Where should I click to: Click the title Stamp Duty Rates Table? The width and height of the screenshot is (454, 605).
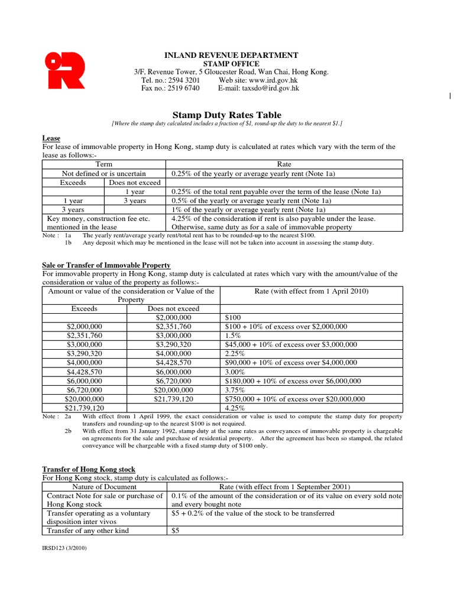click(x=226, y=115)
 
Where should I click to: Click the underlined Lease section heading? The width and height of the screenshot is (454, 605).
click(x=51, y=138)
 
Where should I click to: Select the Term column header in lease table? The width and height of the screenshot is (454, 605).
click(x=104, y=164)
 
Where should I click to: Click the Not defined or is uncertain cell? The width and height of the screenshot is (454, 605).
click(x=104, y=174)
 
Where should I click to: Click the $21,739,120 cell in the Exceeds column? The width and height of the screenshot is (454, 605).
click(x=85, y=408)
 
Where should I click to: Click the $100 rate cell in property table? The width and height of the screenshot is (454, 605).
click(x=234, y=317)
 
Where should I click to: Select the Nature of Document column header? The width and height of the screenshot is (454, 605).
click(x=104, y=486)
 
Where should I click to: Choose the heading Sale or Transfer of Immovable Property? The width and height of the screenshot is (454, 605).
click(x=106, y=265)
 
